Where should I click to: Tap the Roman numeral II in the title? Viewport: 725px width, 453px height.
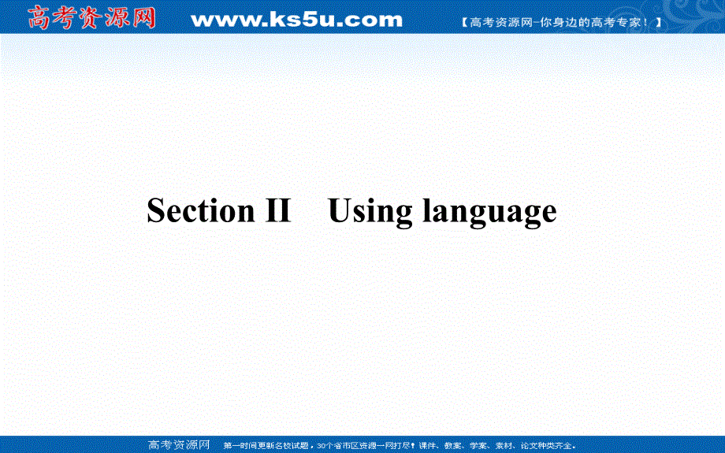tap(274, 211)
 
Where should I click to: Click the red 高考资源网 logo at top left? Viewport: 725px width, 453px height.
tap(91, 17)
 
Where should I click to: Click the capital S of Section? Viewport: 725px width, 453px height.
tap(156, 211)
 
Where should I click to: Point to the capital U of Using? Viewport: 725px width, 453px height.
tap(339, 211)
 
